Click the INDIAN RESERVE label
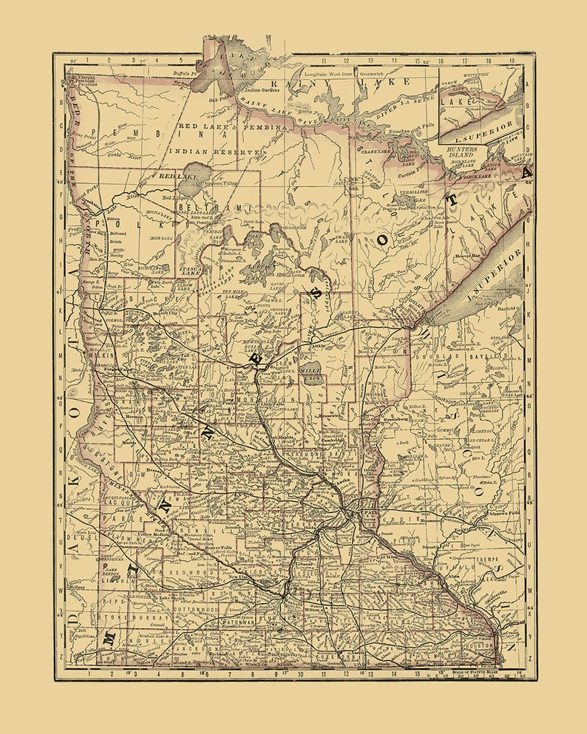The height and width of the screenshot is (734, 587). point(215,151)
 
